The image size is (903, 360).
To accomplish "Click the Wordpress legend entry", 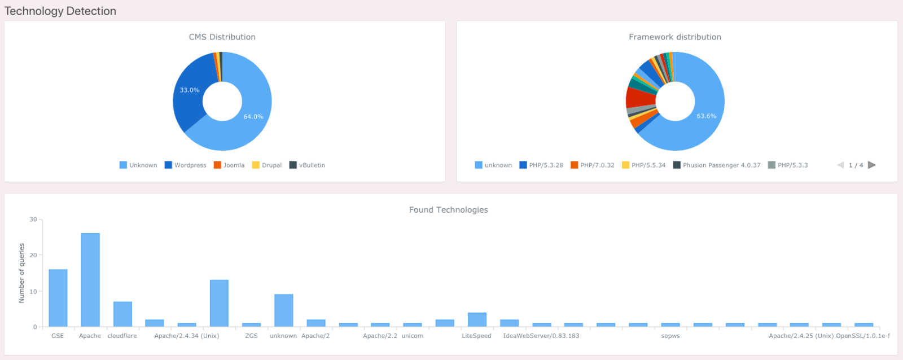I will click(x=185, y=165).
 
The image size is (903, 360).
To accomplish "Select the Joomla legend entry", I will click(x=229, y=165).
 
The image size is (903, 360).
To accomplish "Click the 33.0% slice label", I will click(x=190, y=90).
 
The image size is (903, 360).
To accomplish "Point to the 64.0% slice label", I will click(x=253, y=117).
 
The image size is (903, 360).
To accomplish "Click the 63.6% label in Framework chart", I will click(x=707, y=116).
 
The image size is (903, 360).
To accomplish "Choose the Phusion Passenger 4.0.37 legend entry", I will click(x=717, y=165).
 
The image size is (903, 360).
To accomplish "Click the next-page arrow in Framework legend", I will click(x=872, y=165).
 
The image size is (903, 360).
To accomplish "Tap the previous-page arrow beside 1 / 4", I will click(x=840, y=165).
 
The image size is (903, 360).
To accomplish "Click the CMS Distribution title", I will click(x=222, y=37).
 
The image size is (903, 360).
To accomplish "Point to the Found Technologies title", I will click(x=449, y=210).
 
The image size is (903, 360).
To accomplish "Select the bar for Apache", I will click(x=90, y=280).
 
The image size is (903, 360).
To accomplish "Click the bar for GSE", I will click(x=58, y=298).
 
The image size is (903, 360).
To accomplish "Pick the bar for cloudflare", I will click(x=122, y=314).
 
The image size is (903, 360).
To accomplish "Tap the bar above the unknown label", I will click(x=283, y=310).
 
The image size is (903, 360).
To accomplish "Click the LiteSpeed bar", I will click(x=477, y=319).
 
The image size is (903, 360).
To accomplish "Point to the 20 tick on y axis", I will click(x=33, y=256).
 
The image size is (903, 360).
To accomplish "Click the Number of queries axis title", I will click(x=22, y=273).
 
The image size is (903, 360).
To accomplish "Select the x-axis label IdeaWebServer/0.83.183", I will click(x=541, y=336).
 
